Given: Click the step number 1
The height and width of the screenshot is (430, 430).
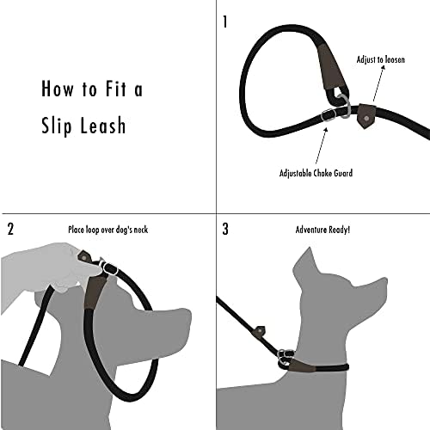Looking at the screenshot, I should point(225,21).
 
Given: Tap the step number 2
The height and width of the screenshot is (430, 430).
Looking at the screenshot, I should point(10,230).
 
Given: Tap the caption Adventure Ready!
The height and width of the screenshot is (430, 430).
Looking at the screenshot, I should point(322,230).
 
